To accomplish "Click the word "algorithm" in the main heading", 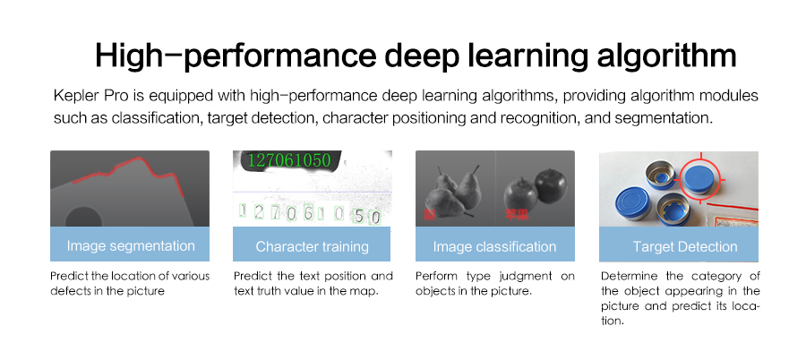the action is (x=666, y=56).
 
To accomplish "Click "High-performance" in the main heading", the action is (x=235, y=56).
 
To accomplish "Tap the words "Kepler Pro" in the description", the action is (x=83, y=96).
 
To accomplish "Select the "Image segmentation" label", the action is (x=131, y=246).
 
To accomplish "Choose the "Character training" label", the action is (x=312, y=246).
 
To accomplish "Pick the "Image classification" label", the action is (x=494, y=246).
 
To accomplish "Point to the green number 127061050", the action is (x=289, y=160).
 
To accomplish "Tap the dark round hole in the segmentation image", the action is (x=84, y=218).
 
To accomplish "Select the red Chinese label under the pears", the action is (x=429, y=214).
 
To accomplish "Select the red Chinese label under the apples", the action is (x=517, y=214).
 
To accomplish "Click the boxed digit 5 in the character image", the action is (x=360, y=217).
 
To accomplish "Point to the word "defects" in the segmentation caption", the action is (x=67, y=291).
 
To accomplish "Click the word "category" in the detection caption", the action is (x=713, y=277).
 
